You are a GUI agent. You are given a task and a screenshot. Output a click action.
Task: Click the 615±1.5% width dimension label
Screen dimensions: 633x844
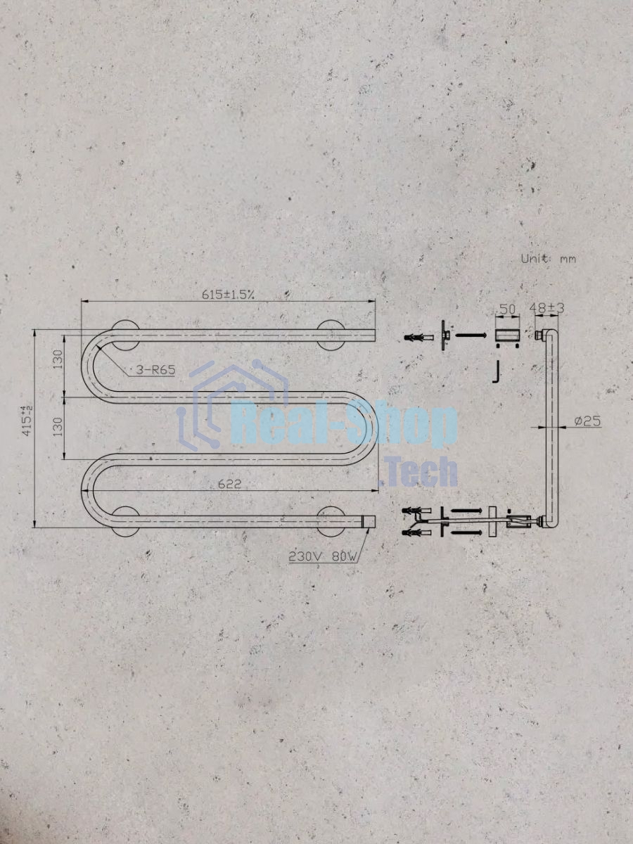[x=228, y=294]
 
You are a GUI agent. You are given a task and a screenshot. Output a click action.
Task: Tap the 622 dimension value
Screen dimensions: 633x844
[x=229, y=484]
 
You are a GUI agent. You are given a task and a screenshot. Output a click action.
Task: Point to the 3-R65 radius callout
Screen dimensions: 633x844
[x=155, y=370]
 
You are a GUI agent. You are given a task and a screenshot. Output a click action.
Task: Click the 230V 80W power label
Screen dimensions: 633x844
[x=323, y=556]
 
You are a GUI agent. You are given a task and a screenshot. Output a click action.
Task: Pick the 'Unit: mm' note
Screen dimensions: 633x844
[x=549, y=259]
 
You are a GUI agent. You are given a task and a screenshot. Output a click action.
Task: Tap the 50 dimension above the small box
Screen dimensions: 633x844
[x=507, y=309]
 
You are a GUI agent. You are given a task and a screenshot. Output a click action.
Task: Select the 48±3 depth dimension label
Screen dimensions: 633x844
[x=546, y=308]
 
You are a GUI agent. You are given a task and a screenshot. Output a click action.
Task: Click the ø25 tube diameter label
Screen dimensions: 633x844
[x=588, y=421]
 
